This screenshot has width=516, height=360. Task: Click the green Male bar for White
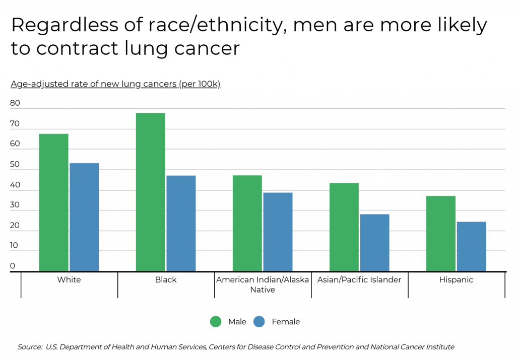(53, 202)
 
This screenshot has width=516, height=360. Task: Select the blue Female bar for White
(84, 217)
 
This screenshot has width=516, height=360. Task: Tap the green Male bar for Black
(150, 192)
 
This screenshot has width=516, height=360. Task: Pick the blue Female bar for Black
(181, 223)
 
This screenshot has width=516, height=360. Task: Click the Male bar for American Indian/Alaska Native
(247, 223)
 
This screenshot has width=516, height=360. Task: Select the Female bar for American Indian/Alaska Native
(278, 232)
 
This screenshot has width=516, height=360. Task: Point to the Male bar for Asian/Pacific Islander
(344, 227)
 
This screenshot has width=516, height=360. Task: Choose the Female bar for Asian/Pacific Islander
(374, 243)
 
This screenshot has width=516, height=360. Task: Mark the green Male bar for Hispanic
(440, 233)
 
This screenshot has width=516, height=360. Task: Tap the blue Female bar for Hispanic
(471, 246)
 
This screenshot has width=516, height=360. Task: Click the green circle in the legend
(216, 322)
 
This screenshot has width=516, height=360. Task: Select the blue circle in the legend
(259, 322)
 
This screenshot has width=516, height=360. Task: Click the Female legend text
(286, 322)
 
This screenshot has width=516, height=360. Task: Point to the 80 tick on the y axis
(15, 103)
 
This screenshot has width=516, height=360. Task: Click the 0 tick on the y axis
(13, 266)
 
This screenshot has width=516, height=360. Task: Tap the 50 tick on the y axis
(15, 164)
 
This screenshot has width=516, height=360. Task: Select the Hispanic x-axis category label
(456, 280)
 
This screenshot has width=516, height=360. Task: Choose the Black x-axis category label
(166, 280)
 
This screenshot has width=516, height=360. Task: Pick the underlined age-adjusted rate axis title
(115, 84)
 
